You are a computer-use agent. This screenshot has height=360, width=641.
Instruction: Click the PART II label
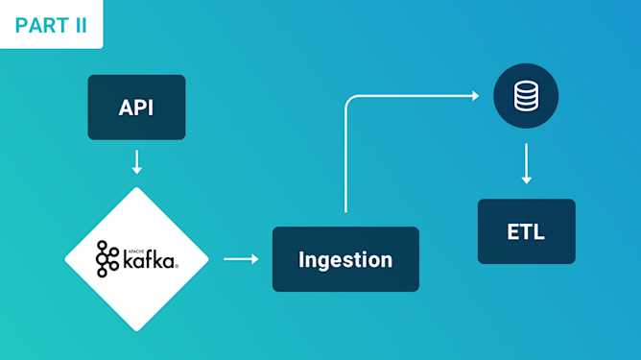pyautogui.click(x=51, y=24)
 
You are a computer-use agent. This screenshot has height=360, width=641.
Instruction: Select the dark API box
pyautogui.click(x=136, y=107)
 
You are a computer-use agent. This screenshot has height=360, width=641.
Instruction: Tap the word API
pyautogui.click(x=136, y=108)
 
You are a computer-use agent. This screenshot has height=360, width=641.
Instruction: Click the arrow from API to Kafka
pyautogui.click(x=136, y=160)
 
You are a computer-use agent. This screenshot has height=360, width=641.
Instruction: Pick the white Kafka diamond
pyautogui.click(x=136, y=257)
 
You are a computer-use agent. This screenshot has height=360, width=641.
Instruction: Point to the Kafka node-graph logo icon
pyautogui.click(x=107, y=257)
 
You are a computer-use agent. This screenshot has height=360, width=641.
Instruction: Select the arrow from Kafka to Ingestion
pyautogui.click(x=241, y=258)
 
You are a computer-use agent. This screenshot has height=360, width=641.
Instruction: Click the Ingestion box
pyautogui.click(x=345, y=259)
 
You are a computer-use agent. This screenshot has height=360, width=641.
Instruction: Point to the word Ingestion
pyautogui.click(x=345, y=259)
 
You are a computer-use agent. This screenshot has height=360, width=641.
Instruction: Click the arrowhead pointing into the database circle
pyautogui.click(x=473, y=95)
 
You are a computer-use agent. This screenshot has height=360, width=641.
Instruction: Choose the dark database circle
pyautogui.click(x=525, y=96)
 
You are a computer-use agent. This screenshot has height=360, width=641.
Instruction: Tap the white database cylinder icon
pyautogui.click(x=525, y=96)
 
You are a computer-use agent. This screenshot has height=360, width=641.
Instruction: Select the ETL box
pyautogui.click(x=526, y=231)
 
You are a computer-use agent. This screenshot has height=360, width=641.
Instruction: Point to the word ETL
pyautogui.click(x=526, y=231)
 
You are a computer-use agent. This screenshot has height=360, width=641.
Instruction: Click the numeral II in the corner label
pyautogui.click(x=79, y=25)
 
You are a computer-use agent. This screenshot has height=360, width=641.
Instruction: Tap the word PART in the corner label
pyautogui.click(x=41, y=25)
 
